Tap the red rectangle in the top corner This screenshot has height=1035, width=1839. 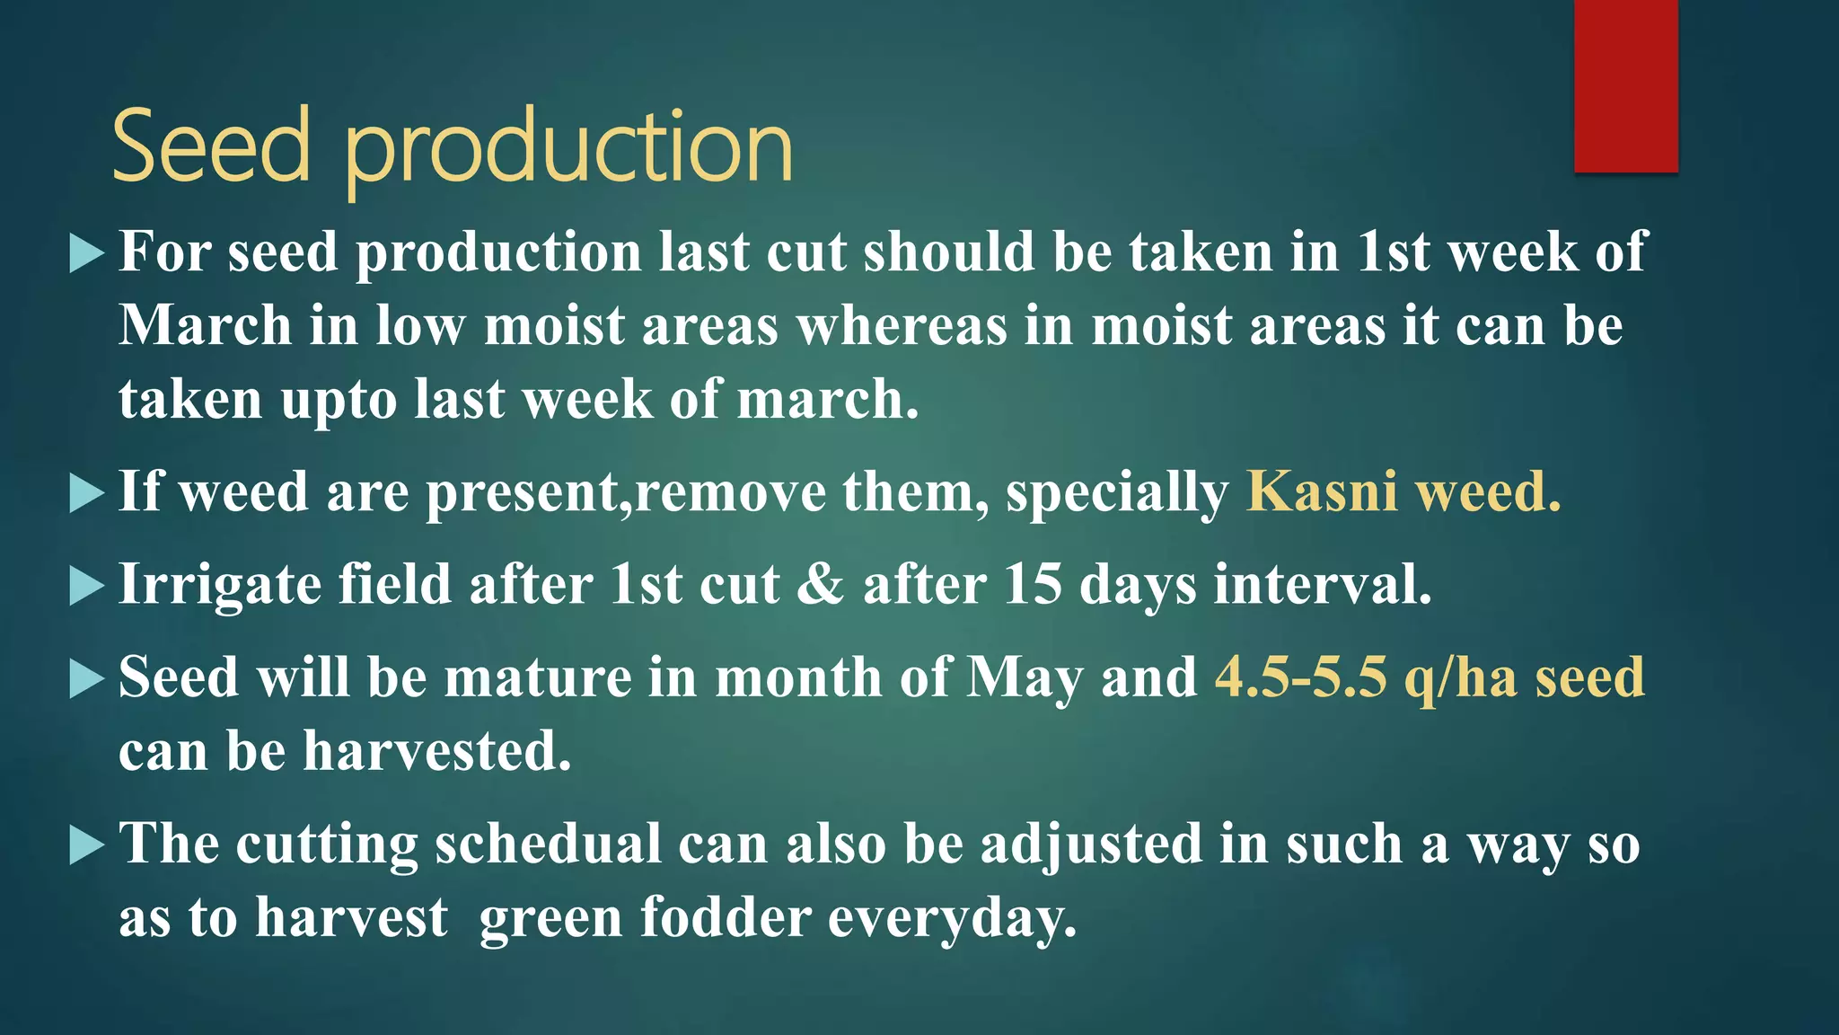tap(1625, 85)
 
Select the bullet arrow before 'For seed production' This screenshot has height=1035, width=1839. tap(86, 254)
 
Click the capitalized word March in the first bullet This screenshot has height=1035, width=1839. tap(205, 325)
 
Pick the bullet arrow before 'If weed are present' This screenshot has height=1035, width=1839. tap(86, 494)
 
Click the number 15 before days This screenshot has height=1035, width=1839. tap(1033, 585)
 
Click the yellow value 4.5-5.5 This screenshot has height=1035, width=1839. tap(1300, 677)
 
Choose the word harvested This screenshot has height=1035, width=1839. tap(436, 751)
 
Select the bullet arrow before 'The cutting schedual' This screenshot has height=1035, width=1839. tap(86, 845)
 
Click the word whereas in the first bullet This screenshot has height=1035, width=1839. tap(902, 325)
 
